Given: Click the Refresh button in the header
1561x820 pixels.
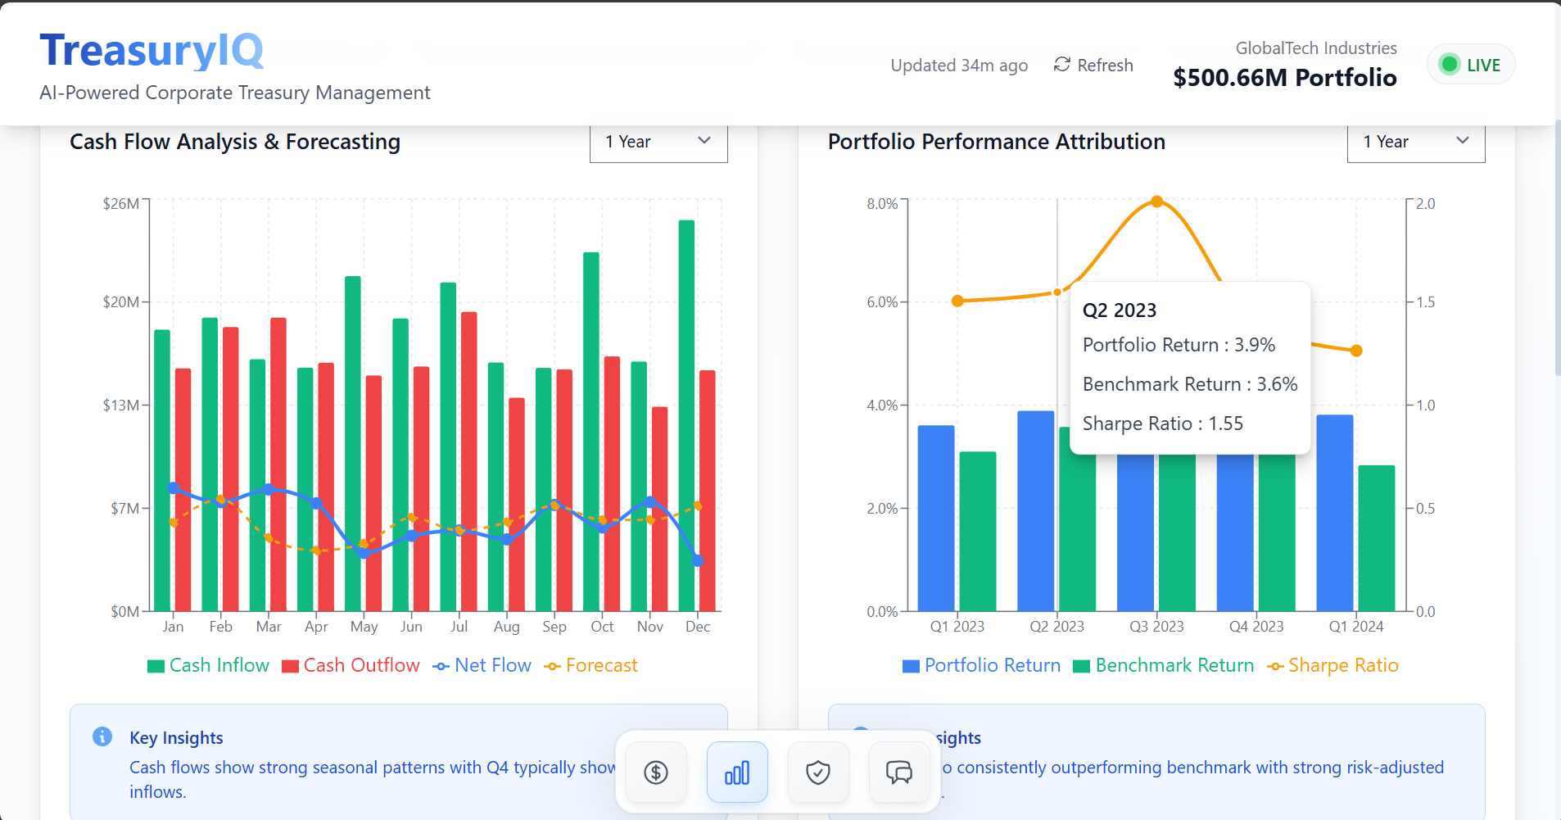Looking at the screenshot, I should click(1093, 66).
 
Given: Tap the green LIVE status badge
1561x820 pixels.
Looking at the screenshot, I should click(1471, 65).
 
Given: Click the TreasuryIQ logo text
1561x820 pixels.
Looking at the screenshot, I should click(152, 51).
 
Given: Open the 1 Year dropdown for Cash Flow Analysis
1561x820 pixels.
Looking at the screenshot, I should click(658, 142).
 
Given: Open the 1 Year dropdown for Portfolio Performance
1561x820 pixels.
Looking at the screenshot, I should click(1416, 142).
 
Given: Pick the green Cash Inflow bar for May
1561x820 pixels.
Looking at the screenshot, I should click(353, 443).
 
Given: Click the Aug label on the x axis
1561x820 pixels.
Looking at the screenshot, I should click(507, 627).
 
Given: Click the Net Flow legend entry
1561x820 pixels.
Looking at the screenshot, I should click(482, 666).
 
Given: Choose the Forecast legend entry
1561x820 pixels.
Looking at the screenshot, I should click(591, 666).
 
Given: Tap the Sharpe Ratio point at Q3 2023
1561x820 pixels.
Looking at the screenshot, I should click(1156, 202).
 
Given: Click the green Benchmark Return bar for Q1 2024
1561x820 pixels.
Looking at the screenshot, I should click(1376, 537).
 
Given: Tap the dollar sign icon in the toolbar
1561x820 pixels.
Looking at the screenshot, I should click(656, 772).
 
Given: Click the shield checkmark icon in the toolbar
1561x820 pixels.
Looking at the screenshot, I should click(818, 772).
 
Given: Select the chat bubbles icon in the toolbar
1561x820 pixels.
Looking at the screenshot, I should click(898, 772).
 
